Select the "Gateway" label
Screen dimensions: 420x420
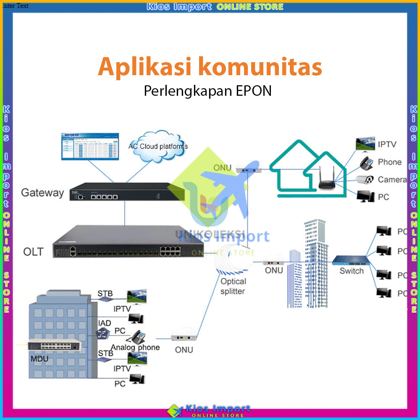coord(42,193)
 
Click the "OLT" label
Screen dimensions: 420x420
coord(33,252)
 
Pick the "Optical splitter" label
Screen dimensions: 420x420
coord(233,286)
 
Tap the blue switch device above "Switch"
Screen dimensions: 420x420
coord(349,260)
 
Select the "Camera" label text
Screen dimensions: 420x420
coord(391,180)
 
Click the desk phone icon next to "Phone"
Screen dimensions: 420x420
coord(365,163)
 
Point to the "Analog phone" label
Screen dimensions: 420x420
coord(135,347)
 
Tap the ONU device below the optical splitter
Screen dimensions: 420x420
coord(184,336)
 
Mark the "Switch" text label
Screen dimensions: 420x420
coord(352,271)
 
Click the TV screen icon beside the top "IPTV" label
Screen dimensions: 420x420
coord(365,144)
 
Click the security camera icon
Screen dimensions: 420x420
coord(365,180)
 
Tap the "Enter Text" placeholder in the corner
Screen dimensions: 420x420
coord(15,6)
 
